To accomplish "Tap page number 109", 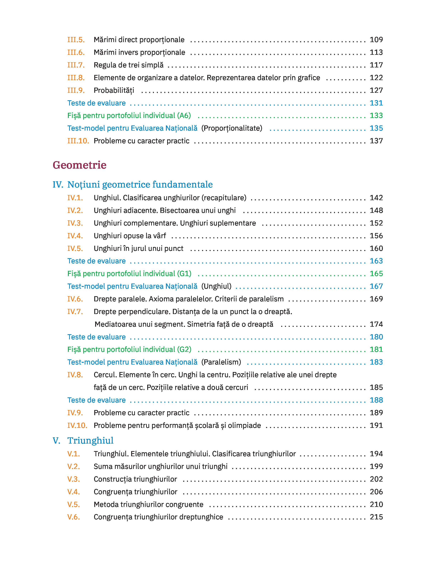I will click(x=376, y=40).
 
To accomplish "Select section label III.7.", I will click(x=76, y=65).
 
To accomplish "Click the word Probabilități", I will click(x=114, y=90).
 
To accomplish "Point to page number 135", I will click(x=376, y=128).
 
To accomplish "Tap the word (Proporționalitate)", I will click(x=232, y=128).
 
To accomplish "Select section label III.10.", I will click(x=78, y=141).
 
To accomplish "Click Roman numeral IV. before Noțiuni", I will click(x=58, y=184).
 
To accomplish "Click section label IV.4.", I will click(x=75, y=236).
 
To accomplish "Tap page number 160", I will click(x=376, y=249).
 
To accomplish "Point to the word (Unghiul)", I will click(x=216, y=286).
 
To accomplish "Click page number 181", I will click(x=376, y=349).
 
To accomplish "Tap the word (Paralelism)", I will click(x=221, y=362).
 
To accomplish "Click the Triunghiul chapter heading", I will click(x=90, y=441).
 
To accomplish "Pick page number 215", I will click(x=376, y=517).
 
